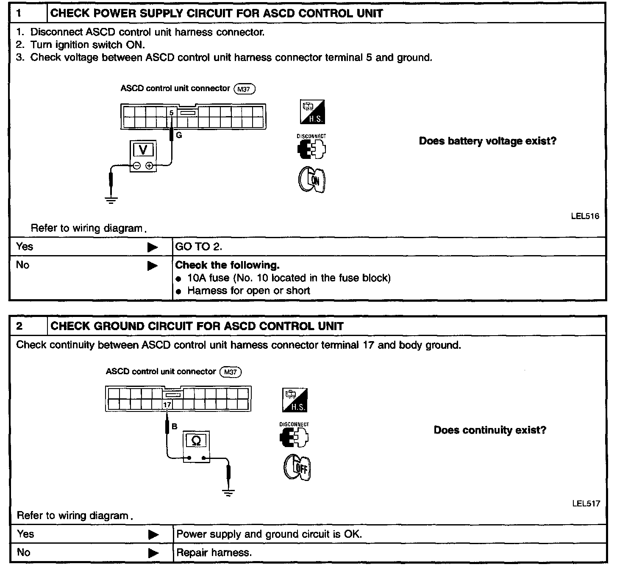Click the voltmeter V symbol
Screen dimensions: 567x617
coord(143,150)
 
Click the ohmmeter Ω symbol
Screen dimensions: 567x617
coord(196,441)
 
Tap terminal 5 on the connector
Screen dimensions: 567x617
coord(172,112)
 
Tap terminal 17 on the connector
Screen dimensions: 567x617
coord(167,405)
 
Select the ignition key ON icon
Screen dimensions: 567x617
coord(312,180)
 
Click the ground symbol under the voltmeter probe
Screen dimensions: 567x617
coord(111,200)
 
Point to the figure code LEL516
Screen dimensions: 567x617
coord(585,216)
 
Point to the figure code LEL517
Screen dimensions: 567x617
coord(586,503)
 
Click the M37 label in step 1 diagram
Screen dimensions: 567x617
coord(244,89)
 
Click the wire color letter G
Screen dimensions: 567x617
coord(179,135)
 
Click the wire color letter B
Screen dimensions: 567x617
coord(174,427)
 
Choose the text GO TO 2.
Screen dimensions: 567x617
coord(199,247)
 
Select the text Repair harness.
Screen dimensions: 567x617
coord(214,553)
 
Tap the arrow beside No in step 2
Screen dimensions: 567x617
coord(153,553)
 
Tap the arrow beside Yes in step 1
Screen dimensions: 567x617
coord(153,247)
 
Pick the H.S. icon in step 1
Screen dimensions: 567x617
coord(312,112)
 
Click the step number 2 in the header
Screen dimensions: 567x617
coord(19,326)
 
